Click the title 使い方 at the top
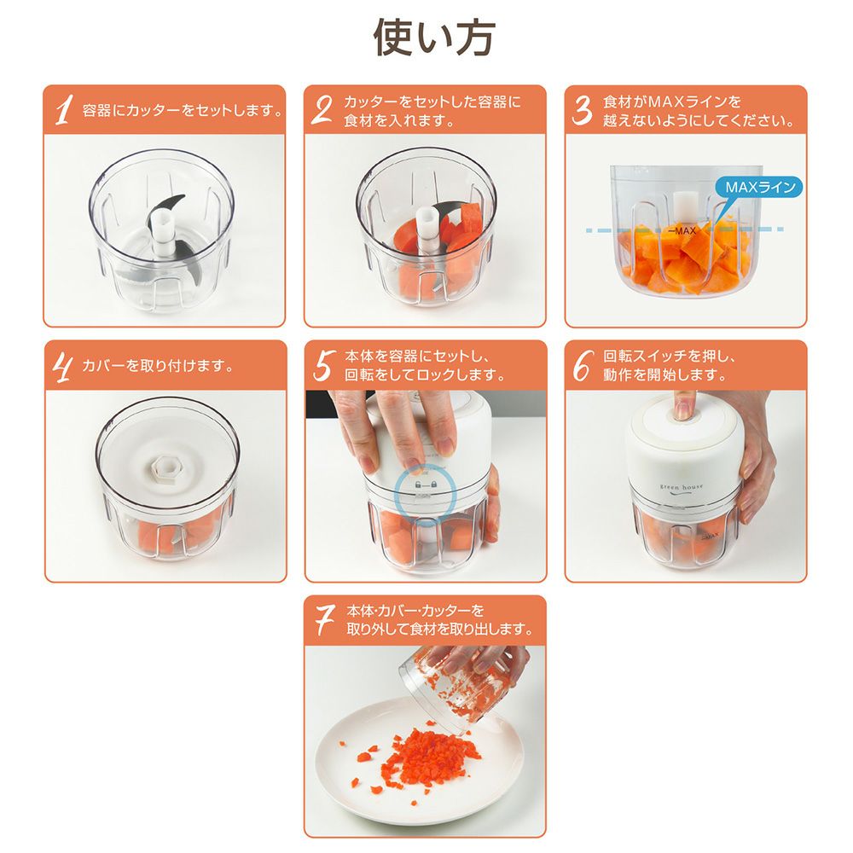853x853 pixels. tap(433, 38)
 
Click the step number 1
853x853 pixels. tap(64, 110)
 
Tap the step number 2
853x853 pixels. tap(322, 110)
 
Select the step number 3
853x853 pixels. tap(582, 110)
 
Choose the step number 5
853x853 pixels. tap(322, 366)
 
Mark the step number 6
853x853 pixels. tap(582, 366)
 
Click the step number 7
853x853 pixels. tap(324, 620)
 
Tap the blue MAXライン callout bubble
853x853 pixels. tap(761, 189)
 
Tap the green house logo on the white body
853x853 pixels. tap(681, 488)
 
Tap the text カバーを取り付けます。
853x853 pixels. tap(158, 366)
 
